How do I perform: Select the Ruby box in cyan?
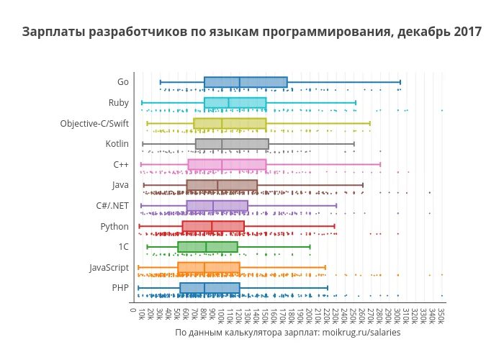coord(235,103)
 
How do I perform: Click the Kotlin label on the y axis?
coord(117,144)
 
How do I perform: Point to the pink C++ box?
coord(227,164)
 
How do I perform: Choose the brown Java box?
coord(222,185)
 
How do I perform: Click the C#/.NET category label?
coord(112,205)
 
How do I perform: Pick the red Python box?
coord(213,226)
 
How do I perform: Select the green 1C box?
coord(207,247)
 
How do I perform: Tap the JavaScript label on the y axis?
coord(109,267)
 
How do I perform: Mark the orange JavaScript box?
coord(209,267)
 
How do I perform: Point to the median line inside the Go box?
coord(240,82)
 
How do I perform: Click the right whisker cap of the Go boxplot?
coord(400,82)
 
